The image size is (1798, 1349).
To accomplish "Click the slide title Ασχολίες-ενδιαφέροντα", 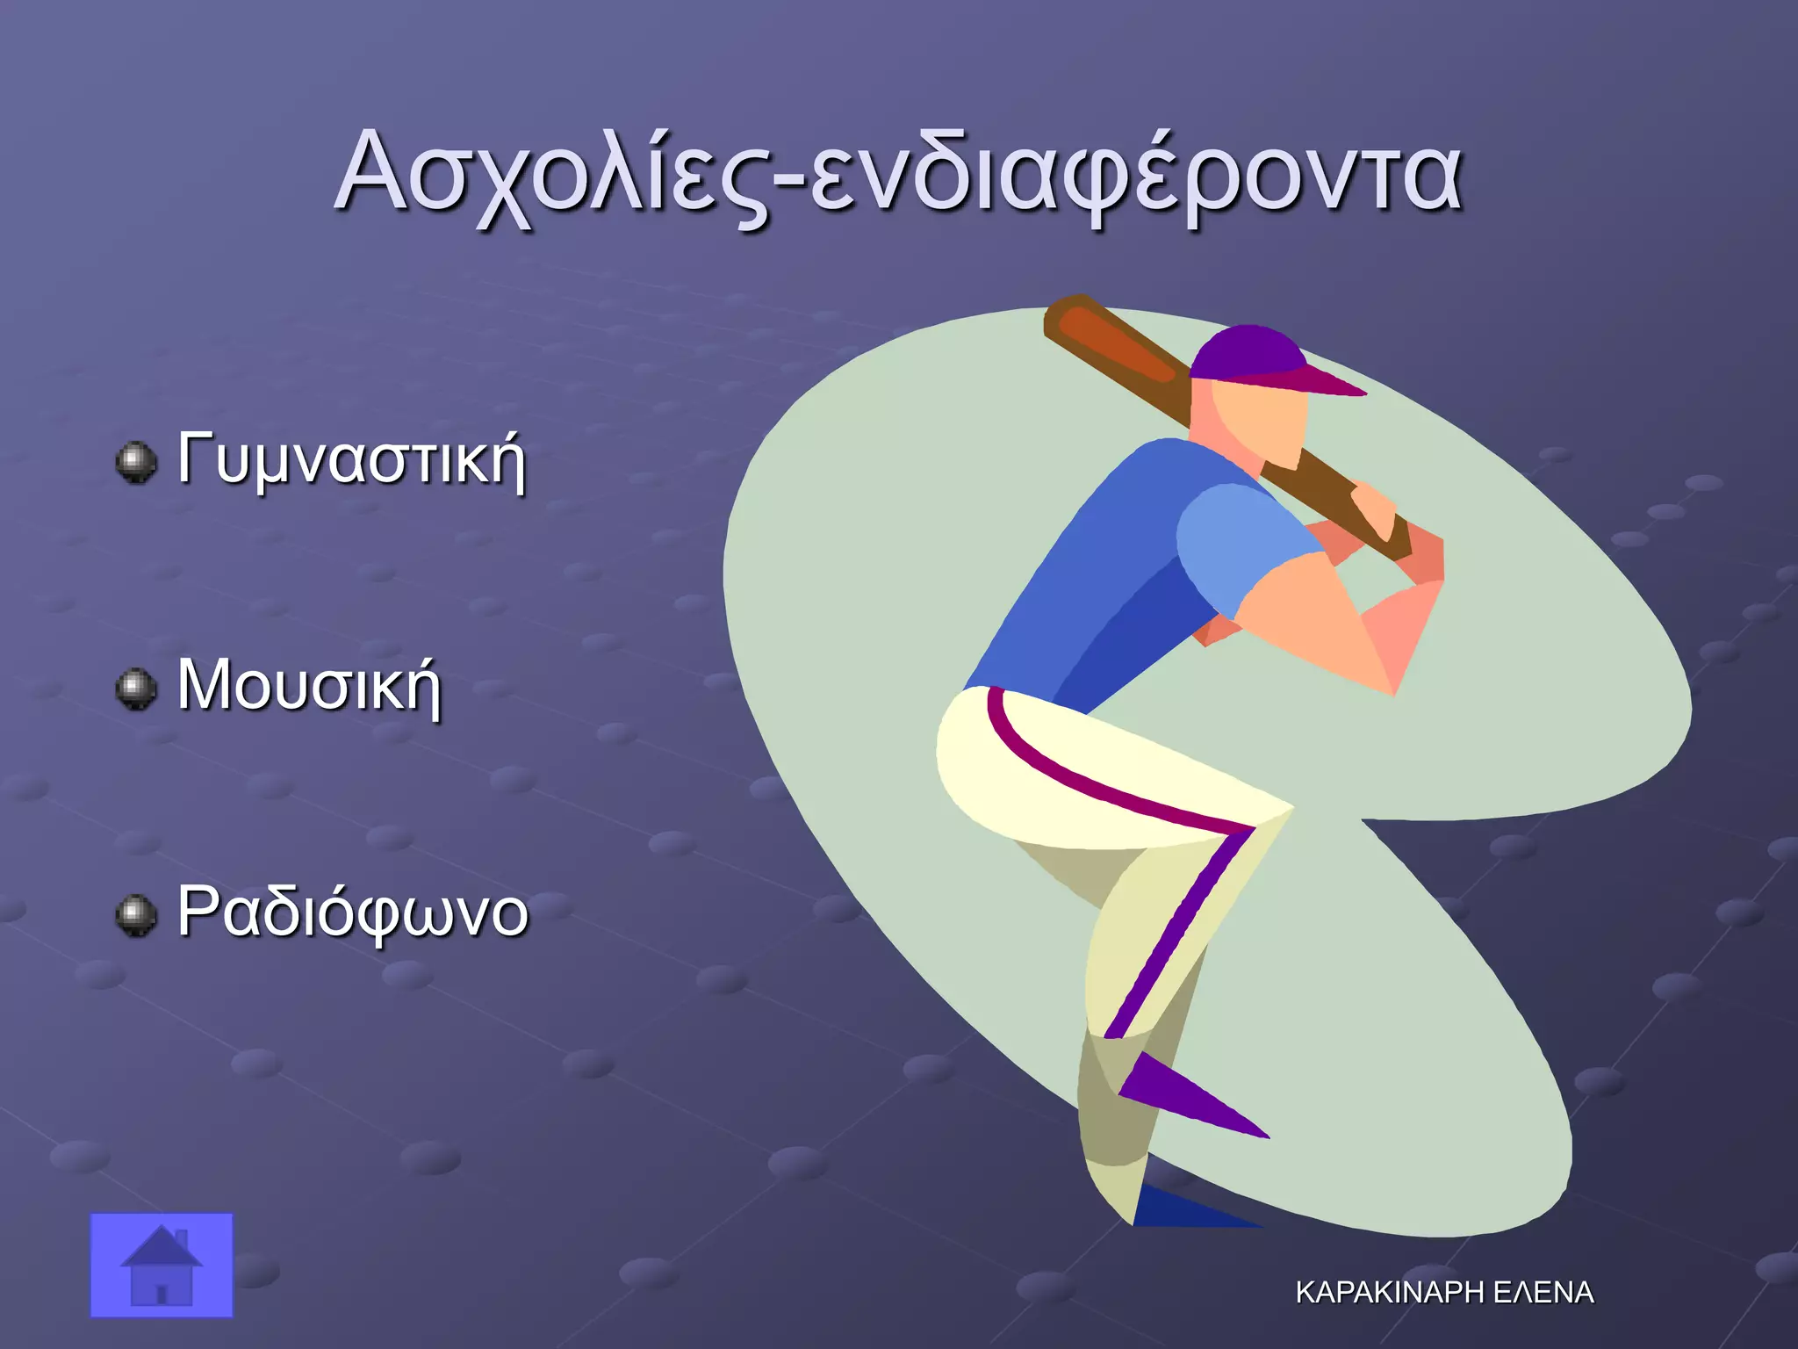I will [897, 174].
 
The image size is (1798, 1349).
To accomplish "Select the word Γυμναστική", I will [351, 459].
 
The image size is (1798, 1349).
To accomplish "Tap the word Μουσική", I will [309, 686].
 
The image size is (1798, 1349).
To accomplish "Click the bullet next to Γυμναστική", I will [136, 462].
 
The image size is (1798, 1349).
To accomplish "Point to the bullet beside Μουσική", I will [136, 689].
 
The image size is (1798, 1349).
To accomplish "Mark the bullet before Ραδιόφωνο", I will [136, 916].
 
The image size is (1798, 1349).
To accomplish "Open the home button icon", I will [162, 1265].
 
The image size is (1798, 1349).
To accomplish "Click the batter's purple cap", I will [1255, 356].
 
